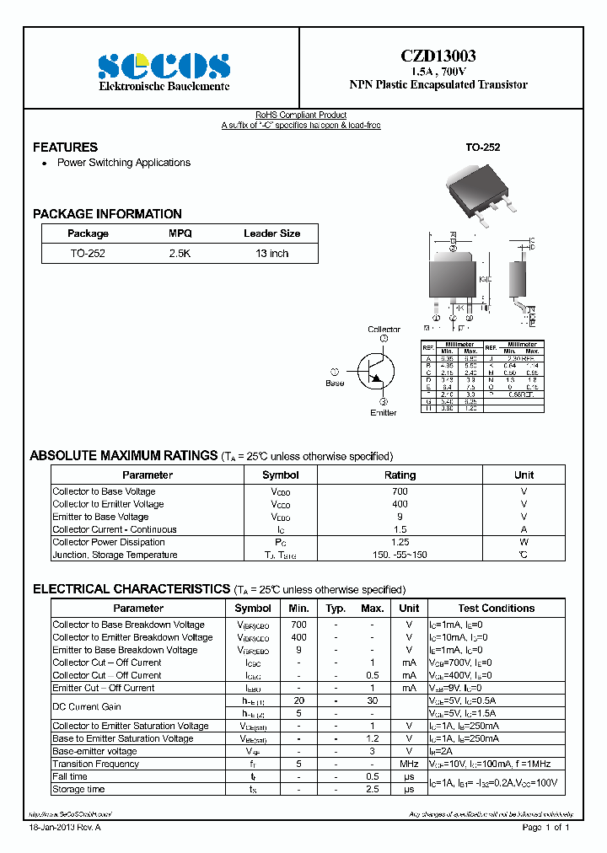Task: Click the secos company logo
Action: pyautogui.click(x=164, y=66)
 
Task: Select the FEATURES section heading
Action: pyautogui.click(x=65, y=147)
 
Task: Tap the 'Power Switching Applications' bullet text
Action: pyautogui.click(x=123, y=163)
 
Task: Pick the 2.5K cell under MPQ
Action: pyautogui.click(x=180, y=253)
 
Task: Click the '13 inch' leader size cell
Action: pyautogui.click(x=271, y=253)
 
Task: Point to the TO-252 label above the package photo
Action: pyautogui.click(x=483, y=147)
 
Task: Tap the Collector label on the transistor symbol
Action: pyautogui.click(x=384, y=329)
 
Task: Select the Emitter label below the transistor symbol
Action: pyautogui.click(x=384, y=412)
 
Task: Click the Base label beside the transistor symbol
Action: pyautogui.click(x=335, y=384)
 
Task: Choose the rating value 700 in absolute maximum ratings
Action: pyautogui.click(x=400, y=491)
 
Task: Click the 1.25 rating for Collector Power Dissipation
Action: pyautogui.click(x=400, y=542)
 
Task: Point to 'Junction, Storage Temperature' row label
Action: pyautogui.click(x=115, y=555)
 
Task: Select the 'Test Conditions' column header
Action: pyautogui.click(x=496, y=608)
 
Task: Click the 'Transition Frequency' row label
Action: pyautogui.click(x=95, y=764)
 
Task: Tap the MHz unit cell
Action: pyautogui.click(x=409, y=764)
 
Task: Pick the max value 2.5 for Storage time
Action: pyautogui.click(x=372, y=789)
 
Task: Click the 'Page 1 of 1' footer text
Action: pyautogui.click(x=546, y=828)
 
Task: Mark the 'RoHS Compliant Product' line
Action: pyautogui.click(x=301, y=115)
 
